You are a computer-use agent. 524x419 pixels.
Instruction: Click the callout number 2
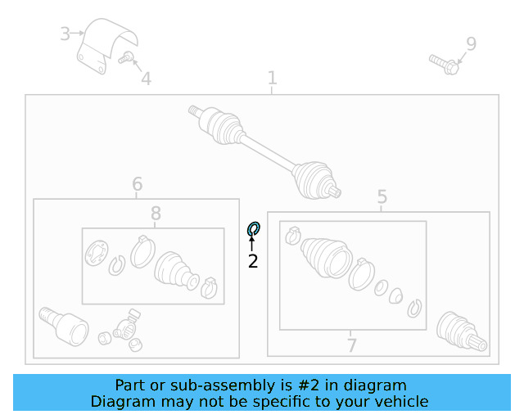[253, 261]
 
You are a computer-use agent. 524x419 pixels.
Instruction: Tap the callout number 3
[65, 34]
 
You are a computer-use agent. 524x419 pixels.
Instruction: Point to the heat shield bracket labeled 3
[107, 46]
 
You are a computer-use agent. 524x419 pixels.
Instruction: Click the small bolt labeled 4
[126, 57]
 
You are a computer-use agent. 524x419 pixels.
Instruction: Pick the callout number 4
[146, 79]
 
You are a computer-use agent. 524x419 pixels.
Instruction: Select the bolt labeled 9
[444, 65]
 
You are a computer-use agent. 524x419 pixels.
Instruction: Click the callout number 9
[472, 43]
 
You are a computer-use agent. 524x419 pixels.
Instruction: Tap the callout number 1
[273, 78]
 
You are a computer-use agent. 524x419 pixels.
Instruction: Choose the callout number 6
[138, 184]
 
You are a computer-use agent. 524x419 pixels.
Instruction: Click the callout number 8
[156, 213]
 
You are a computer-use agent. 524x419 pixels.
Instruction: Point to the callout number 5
[382, 196]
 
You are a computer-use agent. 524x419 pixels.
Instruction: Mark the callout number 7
[351, 345]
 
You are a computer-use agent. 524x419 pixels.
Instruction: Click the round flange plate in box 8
[97, 253]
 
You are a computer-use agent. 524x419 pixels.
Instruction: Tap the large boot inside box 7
[326, 258]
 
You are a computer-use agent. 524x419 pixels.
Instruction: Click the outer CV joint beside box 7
[462, 331]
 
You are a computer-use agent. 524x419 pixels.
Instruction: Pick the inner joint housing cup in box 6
[64, 327]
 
